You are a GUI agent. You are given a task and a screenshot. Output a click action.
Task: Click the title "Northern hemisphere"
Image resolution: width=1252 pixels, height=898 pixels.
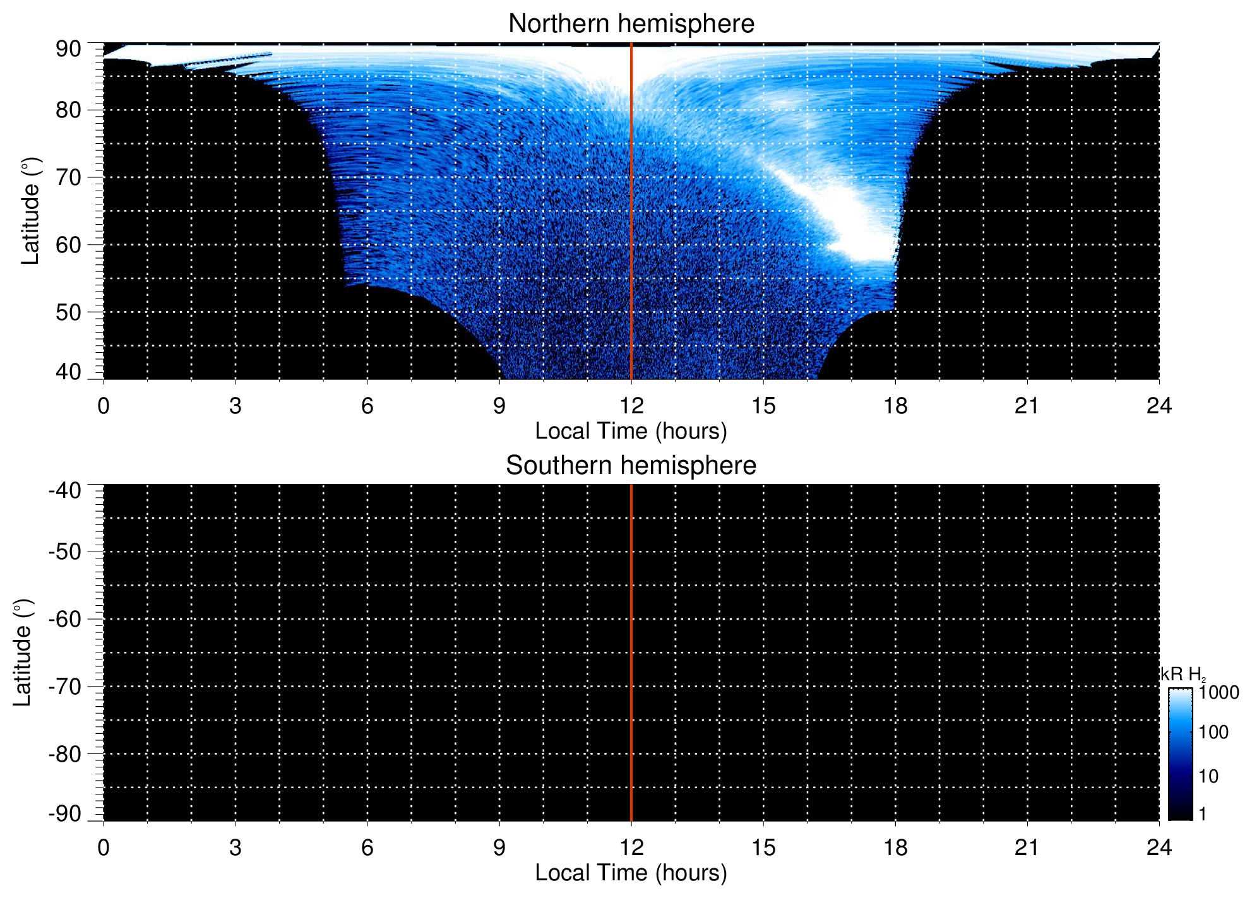[x=631, y=24]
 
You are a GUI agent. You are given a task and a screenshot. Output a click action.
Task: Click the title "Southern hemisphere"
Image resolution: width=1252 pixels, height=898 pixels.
[x=631, y=466]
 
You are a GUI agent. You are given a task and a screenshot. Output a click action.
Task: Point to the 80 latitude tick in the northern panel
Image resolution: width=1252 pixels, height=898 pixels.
[x=68, y=110]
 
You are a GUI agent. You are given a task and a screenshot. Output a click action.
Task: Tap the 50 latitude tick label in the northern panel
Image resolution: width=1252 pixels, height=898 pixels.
[x=68, y=312]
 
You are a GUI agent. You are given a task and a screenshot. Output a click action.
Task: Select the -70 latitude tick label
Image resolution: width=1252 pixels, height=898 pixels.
[x=65, y=687]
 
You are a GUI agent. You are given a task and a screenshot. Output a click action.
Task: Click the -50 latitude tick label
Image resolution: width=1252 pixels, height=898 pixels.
[x=65, y=552]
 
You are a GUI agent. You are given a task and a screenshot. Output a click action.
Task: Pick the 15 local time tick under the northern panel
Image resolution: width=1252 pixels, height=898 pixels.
[x=763, y=406]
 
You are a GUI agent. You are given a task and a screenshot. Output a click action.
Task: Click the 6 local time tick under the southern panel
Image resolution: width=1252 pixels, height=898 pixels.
[x=367, y=848]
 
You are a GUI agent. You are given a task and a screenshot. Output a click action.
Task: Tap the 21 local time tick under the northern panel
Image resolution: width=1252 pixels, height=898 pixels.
[x=1027, y=406]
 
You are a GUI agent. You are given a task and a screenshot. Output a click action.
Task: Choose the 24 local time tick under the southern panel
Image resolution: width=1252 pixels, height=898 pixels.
[x=1159, y=848]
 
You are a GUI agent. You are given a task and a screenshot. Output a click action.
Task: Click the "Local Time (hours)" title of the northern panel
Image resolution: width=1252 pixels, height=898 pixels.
[x=631, y=432]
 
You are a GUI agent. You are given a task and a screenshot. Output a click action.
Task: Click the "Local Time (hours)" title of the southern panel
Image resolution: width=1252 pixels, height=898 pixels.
[x=631, y=873]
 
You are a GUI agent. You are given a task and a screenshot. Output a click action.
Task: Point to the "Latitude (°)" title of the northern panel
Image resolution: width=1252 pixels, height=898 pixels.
[x=30, y=211]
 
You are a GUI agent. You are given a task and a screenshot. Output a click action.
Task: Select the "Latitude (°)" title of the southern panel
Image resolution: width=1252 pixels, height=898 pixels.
[x=23, y=653]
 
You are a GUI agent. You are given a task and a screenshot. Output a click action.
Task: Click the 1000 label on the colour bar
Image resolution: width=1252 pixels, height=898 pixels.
[x=1219, y=693]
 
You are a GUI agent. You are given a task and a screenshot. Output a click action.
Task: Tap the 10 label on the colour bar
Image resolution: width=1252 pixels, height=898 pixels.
[x=1208, y=777]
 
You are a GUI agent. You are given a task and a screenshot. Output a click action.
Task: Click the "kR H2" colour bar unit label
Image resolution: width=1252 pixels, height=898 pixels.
[x=1183, y=675]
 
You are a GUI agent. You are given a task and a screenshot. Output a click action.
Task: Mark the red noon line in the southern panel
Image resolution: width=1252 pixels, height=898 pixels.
[x=631, y=653]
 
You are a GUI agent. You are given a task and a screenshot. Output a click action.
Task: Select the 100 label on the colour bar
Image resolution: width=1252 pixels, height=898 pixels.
[x=1213, y=733]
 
